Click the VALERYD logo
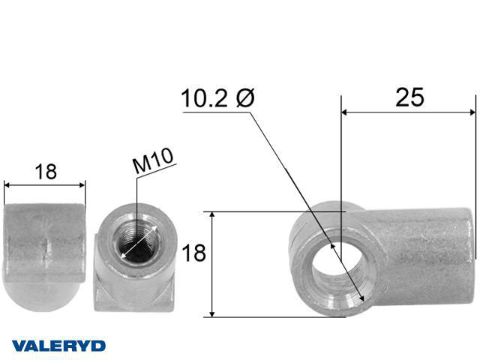coord(58,346)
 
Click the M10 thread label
coord(153,160)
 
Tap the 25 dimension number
coord(409,97)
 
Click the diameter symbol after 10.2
coord(245,98)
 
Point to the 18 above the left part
coord(46,172)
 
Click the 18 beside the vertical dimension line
coord(193,253)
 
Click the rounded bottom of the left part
coord(43,295)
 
